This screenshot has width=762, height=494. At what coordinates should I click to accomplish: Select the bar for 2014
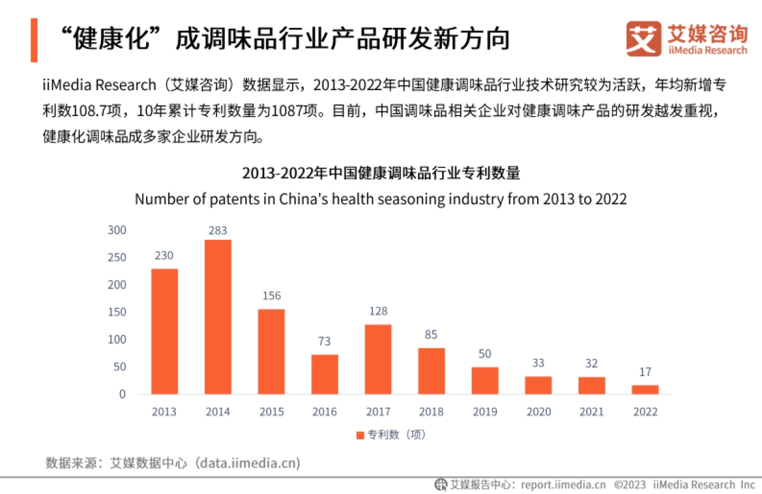click(x=218, y=316)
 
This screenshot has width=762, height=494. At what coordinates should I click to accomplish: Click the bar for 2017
click(x=378, y=359)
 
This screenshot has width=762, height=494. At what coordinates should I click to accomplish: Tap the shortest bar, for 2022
click(x=645, y=389)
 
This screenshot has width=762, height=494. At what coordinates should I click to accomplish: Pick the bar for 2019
click(x=485, y=380)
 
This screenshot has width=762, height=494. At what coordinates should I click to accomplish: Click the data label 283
click(x=218, y=230)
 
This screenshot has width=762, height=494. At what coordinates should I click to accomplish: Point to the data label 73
click(x=324, y=341)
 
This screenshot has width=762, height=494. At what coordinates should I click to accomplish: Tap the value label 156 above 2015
click(x=271, y=296)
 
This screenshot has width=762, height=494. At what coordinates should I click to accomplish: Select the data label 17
click(x=645, y=372)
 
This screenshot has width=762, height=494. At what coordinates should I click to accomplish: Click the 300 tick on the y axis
click(x=117, y=230)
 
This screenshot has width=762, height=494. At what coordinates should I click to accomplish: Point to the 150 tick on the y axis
click(x=117, y=312)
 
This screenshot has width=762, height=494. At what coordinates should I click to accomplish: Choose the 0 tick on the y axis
click(x=123, y=394)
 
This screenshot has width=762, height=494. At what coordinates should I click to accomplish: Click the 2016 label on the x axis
click(x=324, y=412)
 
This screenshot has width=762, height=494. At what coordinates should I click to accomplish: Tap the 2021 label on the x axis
click(x=592, y=412)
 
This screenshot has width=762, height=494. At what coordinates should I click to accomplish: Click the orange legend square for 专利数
click(x=359, y=435)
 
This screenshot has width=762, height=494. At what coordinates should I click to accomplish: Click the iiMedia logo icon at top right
click(x=644, y=39)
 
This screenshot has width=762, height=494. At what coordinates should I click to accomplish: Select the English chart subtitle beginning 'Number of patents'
click(x=380, y=199)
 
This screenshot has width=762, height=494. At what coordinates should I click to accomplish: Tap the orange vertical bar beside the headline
click(x=34, y=40)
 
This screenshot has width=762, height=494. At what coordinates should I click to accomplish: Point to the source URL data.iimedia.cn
click(x=247, y=463)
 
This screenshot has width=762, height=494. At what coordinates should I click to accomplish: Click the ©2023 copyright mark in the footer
click(x=631, y=484)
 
